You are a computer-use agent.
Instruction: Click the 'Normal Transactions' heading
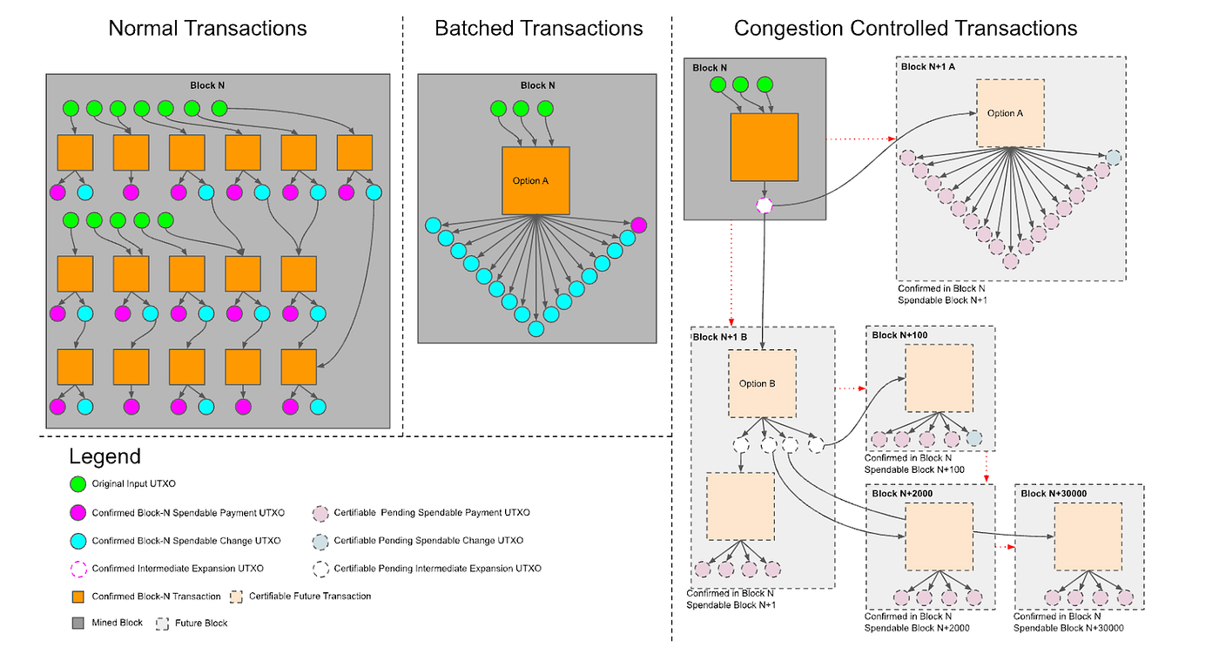point(207,28)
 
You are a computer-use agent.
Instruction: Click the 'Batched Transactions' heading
point(538,28)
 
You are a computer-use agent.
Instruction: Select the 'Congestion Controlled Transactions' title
point(906,28)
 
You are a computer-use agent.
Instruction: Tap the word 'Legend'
point(104,456)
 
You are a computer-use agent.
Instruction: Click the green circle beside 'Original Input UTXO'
point(77,484)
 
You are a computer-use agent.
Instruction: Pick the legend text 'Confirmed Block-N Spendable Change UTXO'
point(185,541)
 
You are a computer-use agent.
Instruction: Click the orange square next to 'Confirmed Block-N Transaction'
point(77,597)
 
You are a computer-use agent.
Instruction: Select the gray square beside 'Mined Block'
point(77,624)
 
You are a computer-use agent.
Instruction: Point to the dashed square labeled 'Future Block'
point(162,624)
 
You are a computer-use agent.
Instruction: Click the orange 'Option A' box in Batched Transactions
point(535,181)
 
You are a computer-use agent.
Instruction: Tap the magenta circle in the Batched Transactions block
point(639,225)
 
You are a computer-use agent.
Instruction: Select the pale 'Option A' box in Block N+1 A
point(1010,113)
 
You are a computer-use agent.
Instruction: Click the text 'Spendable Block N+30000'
point(1068,628)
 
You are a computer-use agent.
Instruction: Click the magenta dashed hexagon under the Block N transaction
point(764,206)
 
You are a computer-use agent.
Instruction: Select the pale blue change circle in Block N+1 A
point(1114,158)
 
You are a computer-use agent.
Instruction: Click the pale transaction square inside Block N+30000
point(1088,536)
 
